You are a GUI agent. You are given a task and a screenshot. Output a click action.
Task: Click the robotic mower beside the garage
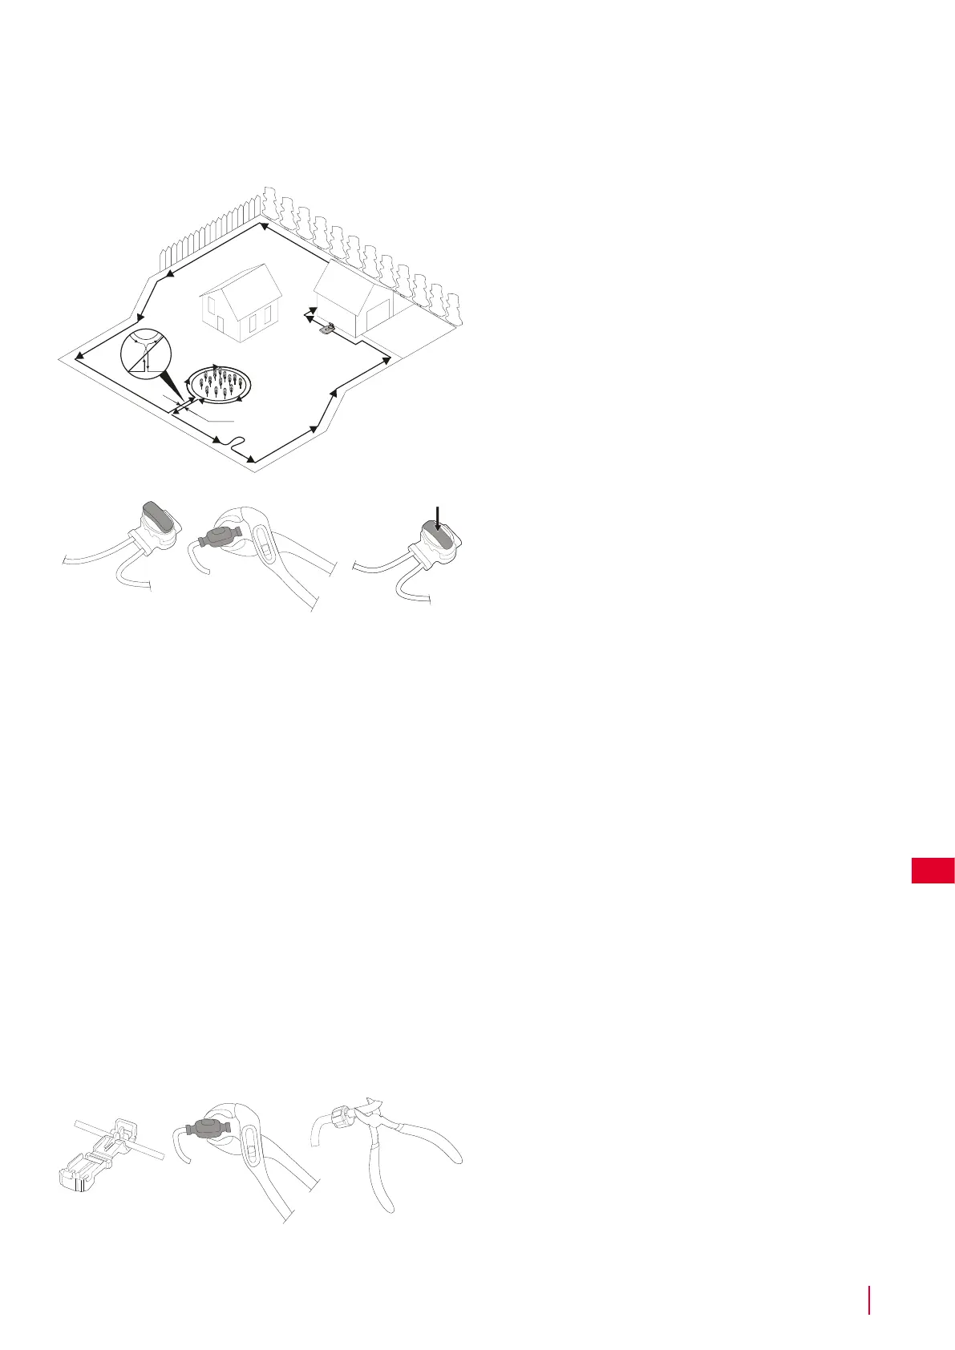pyautogui.click(x=326, y=326)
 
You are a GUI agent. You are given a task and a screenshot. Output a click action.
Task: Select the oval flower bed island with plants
pyautogui.click(x=220, y=383)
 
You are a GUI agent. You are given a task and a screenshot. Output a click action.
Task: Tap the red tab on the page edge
pyautogui.click(x=933, y=871)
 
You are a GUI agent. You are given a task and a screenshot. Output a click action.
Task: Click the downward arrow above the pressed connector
pyautogui.click(x=437, y=515)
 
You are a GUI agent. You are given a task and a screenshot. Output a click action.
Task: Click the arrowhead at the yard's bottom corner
pyautogui.click(x=252, y=459)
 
